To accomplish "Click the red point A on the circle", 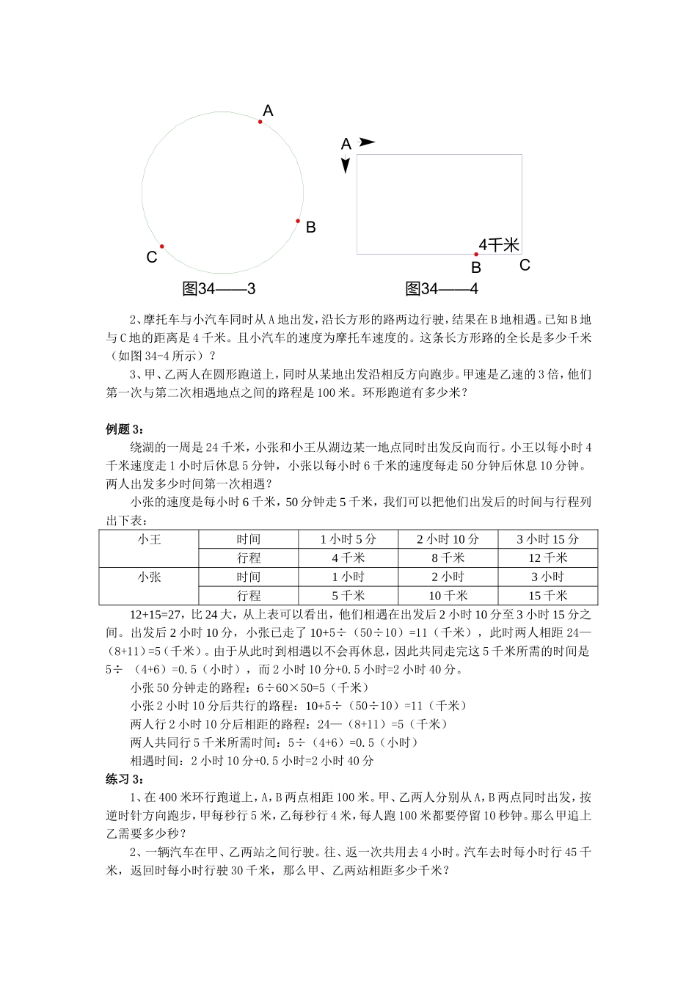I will pos(260,122).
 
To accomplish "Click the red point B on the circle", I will pos(298,221).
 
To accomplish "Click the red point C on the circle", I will pos(162,246).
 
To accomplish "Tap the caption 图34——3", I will pos(219,289).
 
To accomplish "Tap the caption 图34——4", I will pos(441,289).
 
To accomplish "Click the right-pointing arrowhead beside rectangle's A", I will pos(368,142).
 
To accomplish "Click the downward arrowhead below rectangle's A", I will pos(346,166).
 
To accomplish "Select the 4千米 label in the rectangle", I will pos(499,245).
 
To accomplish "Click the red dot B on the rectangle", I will pos(476,255).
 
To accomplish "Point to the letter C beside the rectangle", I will pos(525,266).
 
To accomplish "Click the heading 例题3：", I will pos(125,429).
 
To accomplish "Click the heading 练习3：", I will pos(125,779).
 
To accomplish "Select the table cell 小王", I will pos(149,539).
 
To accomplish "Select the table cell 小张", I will pos(149,577).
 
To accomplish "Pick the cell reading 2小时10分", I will pos(448,539).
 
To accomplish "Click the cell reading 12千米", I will pos(547,558).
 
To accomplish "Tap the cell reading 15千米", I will pos(547,596).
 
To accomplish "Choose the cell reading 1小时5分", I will pos(348,539).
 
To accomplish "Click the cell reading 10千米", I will pos(448,596).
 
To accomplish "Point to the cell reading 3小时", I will pos(547,577).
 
